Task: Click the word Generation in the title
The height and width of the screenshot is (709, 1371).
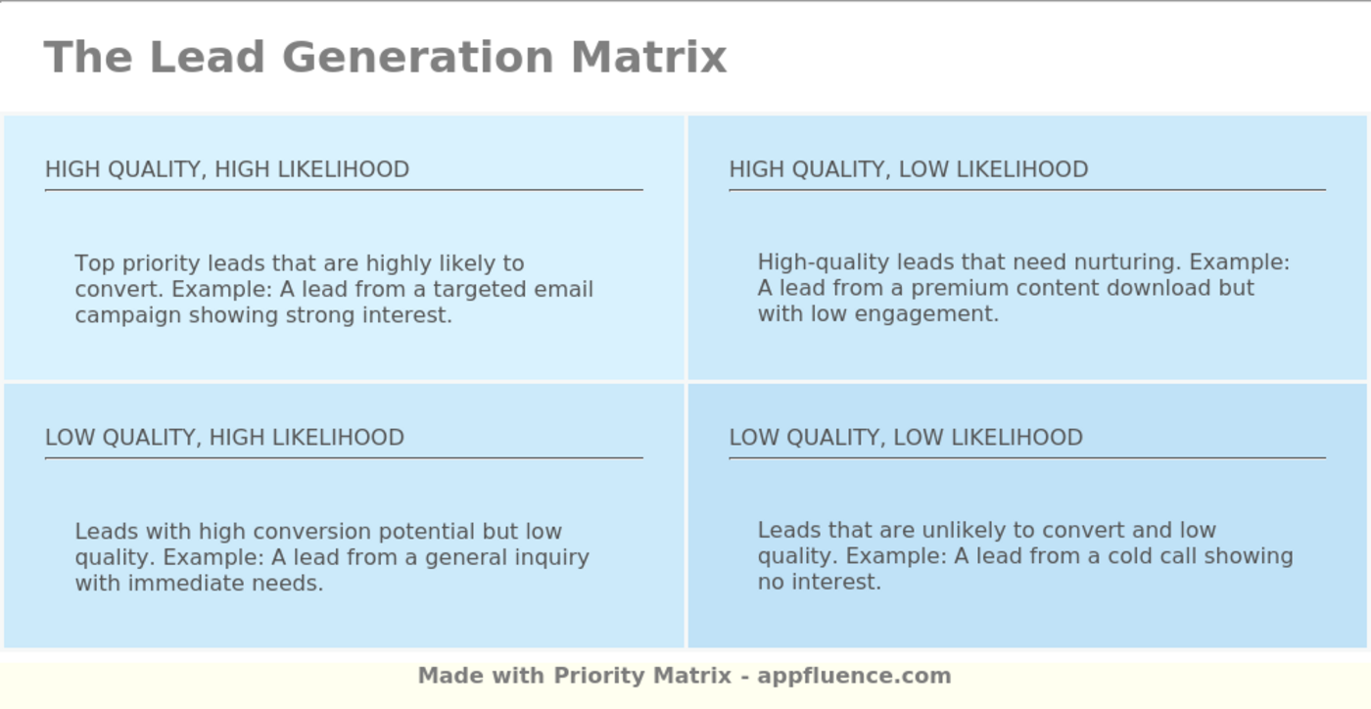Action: [418, 57]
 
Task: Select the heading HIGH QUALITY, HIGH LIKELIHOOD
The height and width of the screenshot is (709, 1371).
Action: [227, 169]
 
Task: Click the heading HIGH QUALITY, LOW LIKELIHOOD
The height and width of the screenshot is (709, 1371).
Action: [908, 169]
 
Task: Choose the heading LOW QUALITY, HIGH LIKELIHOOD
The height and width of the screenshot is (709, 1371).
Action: [224, 437]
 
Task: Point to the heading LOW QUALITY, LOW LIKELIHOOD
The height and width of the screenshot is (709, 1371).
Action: [906, 437]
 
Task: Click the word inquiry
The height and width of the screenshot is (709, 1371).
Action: [555, 557]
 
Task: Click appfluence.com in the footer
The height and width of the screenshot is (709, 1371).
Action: [854, 676]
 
